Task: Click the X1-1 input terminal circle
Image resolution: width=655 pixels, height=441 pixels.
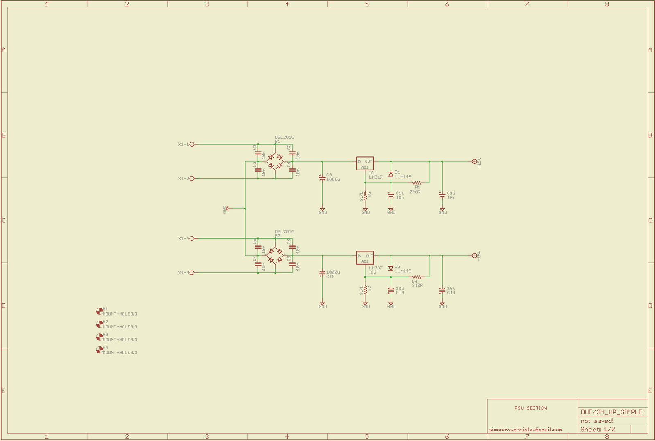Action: point(192,144)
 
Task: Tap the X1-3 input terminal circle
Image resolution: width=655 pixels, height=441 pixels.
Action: point(192,273)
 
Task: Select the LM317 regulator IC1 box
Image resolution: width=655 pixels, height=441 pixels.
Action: point(365,164)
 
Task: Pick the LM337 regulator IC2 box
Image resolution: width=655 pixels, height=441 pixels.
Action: point(365,258)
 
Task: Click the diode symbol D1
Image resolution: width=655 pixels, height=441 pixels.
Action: point(391,174)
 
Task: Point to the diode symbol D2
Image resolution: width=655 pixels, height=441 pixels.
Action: point(391,269)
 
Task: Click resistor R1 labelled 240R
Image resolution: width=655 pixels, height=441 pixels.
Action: point(417,183)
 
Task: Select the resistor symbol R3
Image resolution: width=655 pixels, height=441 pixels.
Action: point(365,290)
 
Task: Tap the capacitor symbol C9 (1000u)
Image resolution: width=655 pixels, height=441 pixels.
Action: point(322,178)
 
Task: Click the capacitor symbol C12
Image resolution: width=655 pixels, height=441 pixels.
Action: point(442,195)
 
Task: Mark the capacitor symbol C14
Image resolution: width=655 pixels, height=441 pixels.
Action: point(442,290)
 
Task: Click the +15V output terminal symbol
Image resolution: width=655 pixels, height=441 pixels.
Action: point(474,161)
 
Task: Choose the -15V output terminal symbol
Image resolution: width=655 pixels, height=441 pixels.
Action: point(474,256)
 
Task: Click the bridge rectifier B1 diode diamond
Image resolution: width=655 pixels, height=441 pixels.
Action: point(275,161)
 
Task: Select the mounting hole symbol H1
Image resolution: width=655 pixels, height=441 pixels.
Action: point(99,311)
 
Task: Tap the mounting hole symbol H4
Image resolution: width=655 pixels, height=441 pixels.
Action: point(99,350)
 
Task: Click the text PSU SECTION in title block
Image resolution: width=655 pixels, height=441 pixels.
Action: point(531,408)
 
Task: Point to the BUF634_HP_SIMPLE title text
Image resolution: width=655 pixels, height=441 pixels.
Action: point(612,412)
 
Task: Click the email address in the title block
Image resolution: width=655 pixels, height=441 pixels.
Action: point(525,430)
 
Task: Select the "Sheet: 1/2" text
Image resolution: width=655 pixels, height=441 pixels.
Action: point(598,429)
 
